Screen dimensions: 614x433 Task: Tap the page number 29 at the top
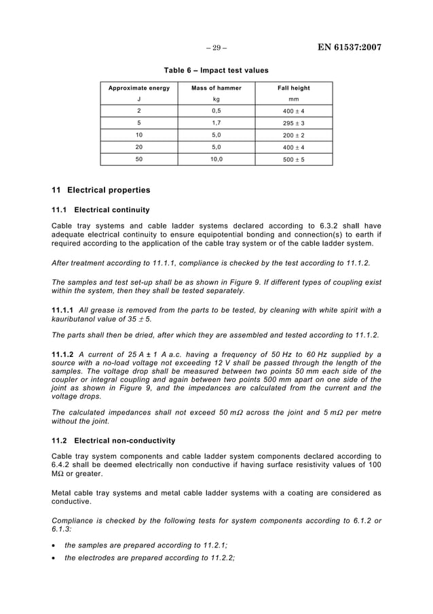216,48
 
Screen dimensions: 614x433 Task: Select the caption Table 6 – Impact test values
216,70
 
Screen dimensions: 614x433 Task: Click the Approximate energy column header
139,88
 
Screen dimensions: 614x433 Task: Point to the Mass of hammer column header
216,88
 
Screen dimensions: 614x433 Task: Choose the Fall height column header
294,88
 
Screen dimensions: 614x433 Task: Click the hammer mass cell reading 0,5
216,111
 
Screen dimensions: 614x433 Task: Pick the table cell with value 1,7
216,123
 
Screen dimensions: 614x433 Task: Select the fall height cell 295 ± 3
294,123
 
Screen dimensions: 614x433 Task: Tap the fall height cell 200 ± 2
294,135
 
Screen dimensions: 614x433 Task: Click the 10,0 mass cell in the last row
216,159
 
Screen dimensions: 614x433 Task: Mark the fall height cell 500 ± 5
294,159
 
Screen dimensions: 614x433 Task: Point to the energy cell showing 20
139,147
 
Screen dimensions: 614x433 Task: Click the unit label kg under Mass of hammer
216,99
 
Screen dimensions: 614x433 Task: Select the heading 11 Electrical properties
101,190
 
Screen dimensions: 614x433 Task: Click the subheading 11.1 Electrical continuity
100,209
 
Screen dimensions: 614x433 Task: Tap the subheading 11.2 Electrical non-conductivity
113,441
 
